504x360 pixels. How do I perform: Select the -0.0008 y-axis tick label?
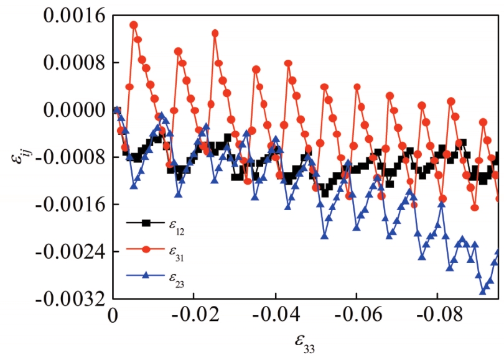[x=70, y=157]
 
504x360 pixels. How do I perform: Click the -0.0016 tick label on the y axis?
[x=70, y=205]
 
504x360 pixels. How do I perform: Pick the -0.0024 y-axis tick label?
[x=70, y=252]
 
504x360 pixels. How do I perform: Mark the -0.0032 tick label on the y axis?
[x=70, y=299]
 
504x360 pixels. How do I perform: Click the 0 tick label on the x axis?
[x=113, y=316]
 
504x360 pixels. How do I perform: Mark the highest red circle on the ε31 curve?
[x=133, y=25]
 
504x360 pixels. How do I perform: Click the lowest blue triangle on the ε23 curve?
[x=483, y=290]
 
